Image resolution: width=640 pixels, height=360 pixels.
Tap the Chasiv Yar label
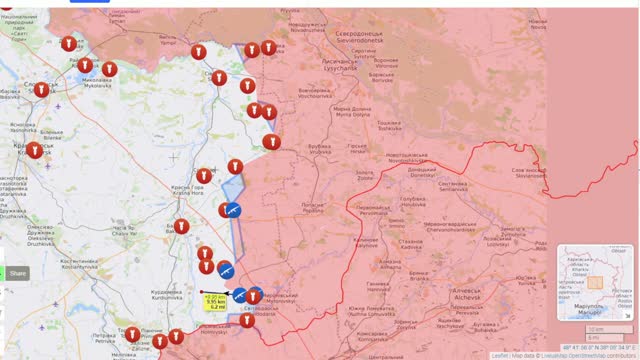(x=123, y=228)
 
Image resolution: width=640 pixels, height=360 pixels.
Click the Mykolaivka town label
(x=96, y=80)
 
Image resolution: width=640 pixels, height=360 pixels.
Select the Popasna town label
(x=312, y=208)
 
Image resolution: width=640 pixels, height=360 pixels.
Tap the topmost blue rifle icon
(x=231, y=211)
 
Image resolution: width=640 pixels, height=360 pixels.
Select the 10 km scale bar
(x=600, y=329)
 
